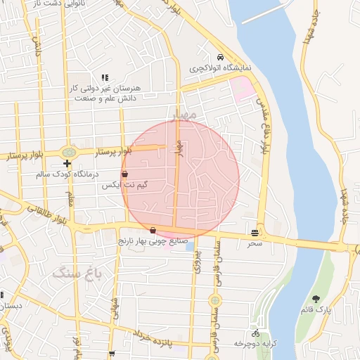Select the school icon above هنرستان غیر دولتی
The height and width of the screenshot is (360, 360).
coord(105,77)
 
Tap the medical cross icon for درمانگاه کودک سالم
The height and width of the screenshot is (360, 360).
coord(66,163)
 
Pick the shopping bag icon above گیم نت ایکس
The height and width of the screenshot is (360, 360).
coord(125,174)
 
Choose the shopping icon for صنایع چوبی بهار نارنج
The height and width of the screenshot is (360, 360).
coord(153,230)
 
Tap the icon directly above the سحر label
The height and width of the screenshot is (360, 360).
coord(254,233)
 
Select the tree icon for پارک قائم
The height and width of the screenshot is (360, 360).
coord(315,299)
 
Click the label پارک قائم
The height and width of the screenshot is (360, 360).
coord(315,309)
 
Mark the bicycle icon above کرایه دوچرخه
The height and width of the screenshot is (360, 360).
coord(255,333)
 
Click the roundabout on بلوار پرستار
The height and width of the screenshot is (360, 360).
coord(68,152)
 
